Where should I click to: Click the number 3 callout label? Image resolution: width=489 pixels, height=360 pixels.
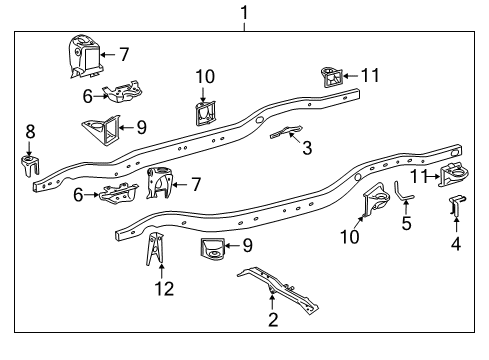tap(307, 149)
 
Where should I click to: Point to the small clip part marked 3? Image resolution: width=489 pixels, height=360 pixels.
tap(284, 133)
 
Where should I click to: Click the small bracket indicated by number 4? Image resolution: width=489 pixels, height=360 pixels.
tap(454, 206)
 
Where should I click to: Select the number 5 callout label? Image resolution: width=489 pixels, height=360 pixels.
tap(406, 224)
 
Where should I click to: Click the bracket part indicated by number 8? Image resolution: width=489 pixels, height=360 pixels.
tap(29, 164)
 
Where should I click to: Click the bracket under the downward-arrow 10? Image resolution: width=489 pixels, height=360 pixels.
tap(204, 112)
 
